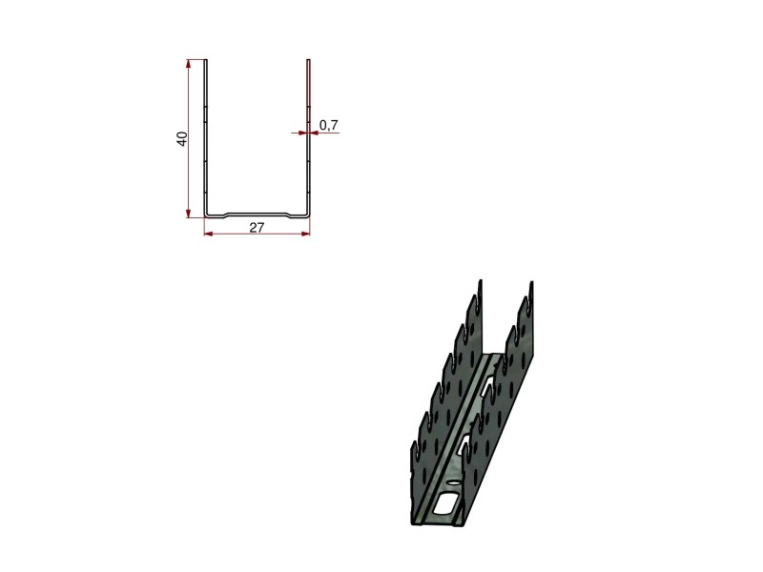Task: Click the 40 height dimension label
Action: [182, 138]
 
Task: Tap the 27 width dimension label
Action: [257, 227]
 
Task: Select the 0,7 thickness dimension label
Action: [328, 125]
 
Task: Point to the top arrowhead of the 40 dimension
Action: [188, 63]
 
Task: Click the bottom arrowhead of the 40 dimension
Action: [188, 214]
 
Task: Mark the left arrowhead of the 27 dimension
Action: [208, 234]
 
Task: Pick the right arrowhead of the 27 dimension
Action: [305, 234]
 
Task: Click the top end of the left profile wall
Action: [206, 60]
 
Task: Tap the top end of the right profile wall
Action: [308, 60]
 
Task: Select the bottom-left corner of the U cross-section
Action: [206, 215]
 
